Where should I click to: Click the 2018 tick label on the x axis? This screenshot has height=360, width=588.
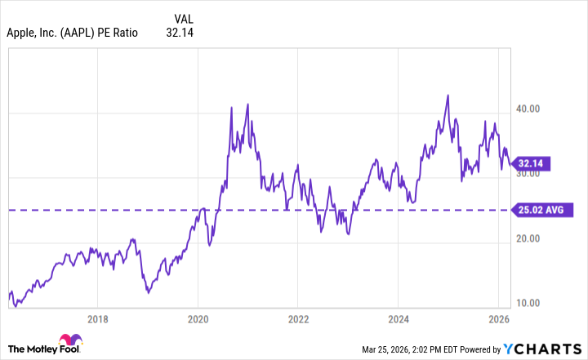[x=97, y=319]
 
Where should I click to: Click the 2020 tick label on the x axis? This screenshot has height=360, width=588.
[x=198, y=319]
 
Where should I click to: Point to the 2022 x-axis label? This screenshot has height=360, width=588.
[x=298, y=319]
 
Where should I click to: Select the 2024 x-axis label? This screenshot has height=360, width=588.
[x=399, y=319]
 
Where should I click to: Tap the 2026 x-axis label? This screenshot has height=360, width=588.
[x=498, y=319]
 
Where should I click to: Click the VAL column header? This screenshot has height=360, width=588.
[x=184, y=17]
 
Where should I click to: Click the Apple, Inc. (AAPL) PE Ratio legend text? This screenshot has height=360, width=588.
[x=72, y=33]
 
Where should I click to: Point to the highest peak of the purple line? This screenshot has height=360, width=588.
[x=448, y=96]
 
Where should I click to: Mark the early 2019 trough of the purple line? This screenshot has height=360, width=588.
[x=146, y=291]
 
